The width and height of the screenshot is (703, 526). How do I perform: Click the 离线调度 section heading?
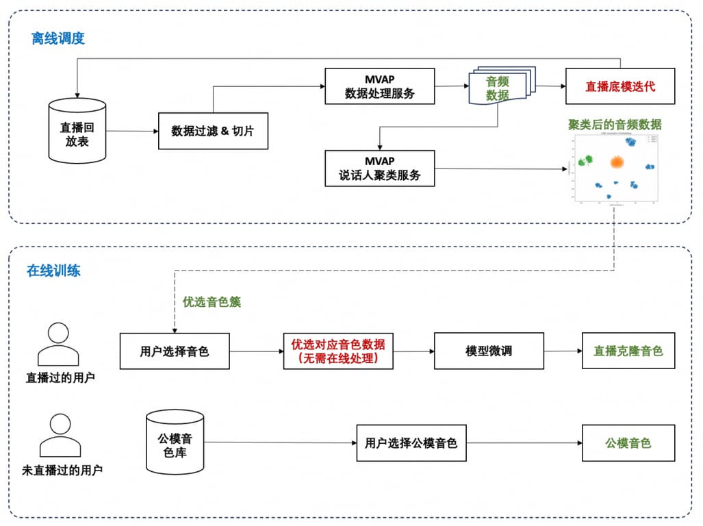[58, 38]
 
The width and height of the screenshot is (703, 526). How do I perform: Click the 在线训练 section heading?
[53, 271]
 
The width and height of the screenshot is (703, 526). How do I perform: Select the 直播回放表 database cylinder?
[77, 131]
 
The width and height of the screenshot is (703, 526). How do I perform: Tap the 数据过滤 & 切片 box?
[213, 131]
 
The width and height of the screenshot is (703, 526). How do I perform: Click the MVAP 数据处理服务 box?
[380, 86]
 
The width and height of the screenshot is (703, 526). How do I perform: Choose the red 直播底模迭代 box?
[620, 86]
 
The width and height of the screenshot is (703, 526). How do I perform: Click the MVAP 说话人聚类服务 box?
[380, 168]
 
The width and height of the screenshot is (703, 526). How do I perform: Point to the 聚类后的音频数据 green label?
[615, 124]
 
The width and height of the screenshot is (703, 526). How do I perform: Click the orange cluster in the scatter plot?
[617, 163]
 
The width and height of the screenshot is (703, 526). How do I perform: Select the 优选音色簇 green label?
[212, 302]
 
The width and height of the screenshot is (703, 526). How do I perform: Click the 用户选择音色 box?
[175, 351]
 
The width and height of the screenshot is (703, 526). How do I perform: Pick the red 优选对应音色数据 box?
[338, 351]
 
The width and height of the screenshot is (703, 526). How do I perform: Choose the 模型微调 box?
[489, 351]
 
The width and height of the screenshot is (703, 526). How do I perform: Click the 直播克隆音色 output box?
[628, 351]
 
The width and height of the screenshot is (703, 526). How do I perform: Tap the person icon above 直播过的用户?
[58, 344]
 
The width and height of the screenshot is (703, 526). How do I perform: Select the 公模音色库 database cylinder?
[175, 442]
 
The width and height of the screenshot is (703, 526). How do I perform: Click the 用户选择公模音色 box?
[411, 443]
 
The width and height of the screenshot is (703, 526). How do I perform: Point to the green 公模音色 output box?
[628, 443]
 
